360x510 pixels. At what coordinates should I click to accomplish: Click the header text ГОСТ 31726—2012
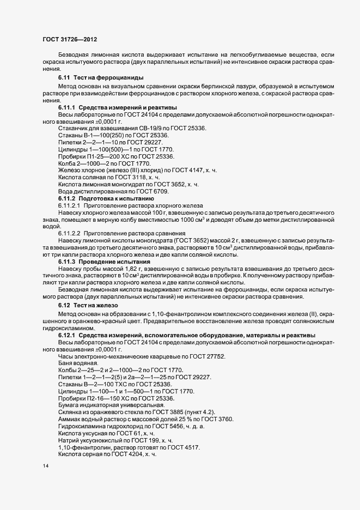tap(70, 39)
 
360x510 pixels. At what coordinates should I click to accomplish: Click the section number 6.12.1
tap(68, 335)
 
